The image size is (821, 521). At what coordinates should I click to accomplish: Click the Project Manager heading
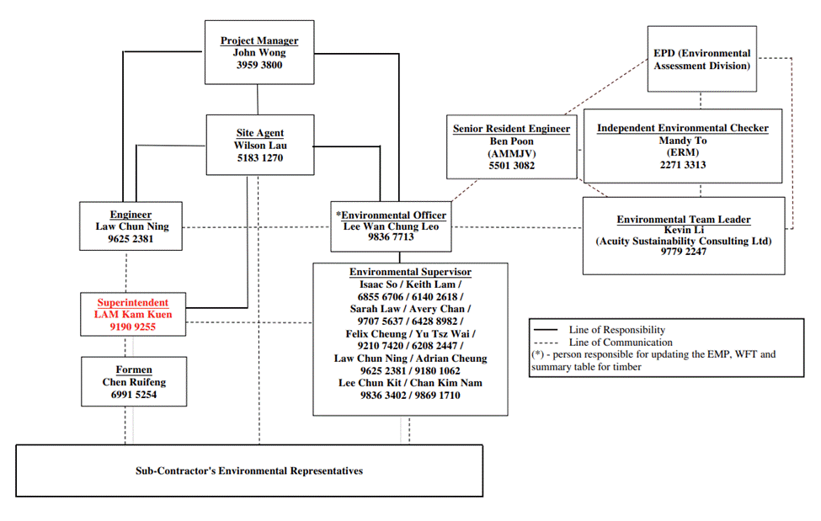coord(259,40)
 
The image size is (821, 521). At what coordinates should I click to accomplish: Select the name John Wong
coord(259,52)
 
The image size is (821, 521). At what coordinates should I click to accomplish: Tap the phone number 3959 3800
coord(259,65)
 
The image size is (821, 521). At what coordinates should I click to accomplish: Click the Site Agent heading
coord(259,133)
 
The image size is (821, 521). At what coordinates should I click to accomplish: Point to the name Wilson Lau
coord(259,145)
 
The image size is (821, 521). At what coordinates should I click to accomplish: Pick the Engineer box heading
coord(131,215)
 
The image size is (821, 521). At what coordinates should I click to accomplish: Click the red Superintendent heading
coord(132,302)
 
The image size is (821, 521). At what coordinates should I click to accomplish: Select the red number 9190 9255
coord(132,327)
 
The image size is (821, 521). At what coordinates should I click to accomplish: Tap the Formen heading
coord(133,369)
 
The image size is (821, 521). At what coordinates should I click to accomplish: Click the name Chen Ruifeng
coord(133,382)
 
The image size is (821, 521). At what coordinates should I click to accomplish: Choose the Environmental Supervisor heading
coord(410,272)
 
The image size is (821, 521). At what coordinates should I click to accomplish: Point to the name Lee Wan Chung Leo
coord(391,226)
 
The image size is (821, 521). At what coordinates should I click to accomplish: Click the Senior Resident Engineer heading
coord(511,129)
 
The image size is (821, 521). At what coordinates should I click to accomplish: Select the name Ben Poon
coord(511,141)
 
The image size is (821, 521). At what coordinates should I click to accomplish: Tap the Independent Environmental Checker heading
coord(682,128)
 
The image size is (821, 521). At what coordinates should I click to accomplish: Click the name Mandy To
coord(682,141)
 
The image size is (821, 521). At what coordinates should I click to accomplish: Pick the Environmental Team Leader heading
coord(683,220)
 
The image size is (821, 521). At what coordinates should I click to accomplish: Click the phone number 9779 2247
coord(683,252)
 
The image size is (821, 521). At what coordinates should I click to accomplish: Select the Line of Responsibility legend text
coord(616,330)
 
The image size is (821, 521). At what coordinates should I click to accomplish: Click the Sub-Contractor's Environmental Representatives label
coord(249,470)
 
